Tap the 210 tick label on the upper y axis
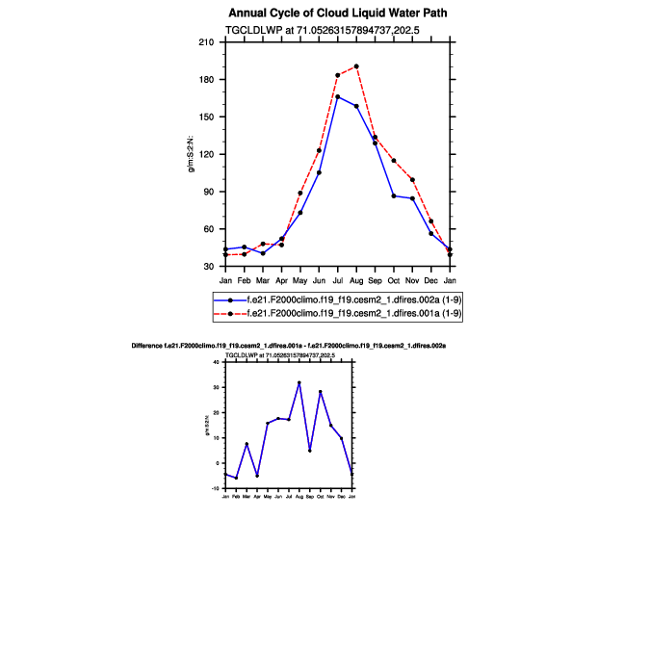pos(205,42)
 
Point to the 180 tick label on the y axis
pos(205,80)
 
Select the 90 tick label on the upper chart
pos(208,192)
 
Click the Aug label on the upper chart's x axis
pos(356,280)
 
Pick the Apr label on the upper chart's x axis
pos(281,280)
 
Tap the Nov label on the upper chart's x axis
pos(412,280)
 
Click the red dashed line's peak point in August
pos(356,66)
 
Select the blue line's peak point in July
pos(338,96)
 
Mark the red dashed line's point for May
pos(300,193)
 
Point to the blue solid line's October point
pos(394,195)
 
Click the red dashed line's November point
pos(412,179)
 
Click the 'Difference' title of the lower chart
pos(288,345)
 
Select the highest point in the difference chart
pos(299,382)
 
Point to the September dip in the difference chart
pos(309,451)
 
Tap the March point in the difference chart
pos(247,444)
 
